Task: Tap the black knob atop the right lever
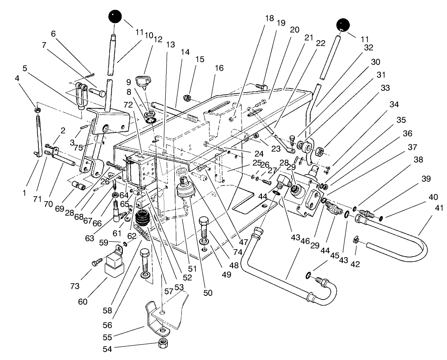coord(345,25)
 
